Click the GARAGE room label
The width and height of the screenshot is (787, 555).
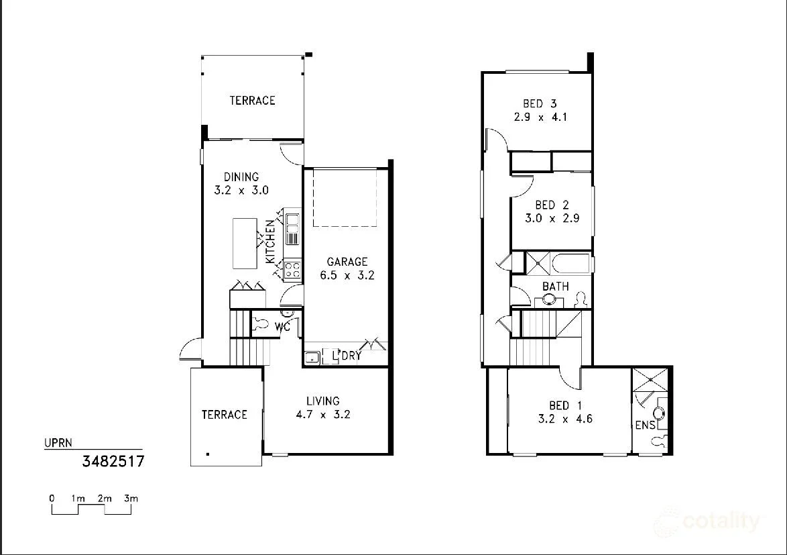[x=347, y=262]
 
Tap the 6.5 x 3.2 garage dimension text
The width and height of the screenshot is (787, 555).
[x=347, y=275]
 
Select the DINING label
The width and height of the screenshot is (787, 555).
[x=241, y=177]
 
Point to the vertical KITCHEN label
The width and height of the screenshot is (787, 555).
[x=270, y=242]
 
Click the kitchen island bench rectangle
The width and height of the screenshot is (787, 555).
[x=244, y=243]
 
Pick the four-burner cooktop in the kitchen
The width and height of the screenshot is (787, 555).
[x=292, y=270]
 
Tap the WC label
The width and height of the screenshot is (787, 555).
[x=283, y=327]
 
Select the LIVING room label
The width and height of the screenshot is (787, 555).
[x=322, y=401]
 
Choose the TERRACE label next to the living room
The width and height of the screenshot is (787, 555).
[x=224, y=415]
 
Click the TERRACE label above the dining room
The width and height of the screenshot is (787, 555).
[x=252, y=101]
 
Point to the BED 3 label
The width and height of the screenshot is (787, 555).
[x=540, y=104]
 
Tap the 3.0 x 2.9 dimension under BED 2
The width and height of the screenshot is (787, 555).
[x=552, y=218]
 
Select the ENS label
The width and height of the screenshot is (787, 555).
[x=645, y=425]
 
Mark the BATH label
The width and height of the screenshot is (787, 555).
[x=555, y=287]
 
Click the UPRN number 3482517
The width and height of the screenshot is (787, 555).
[x=113, y=461]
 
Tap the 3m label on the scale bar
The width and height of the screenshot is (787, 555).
[x=131, y=499]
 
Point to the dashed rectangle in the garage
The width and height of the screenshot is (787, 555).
[x=345, y=197]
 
